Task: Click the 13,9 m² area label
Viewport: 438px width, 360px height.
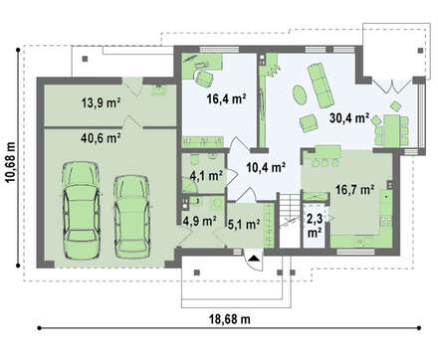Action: coord(101,103)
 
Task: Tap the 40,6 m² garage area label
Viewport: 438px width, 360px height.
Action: coord(101,137)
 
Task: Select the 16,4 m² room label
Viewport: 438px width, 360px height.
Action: coord(226,98)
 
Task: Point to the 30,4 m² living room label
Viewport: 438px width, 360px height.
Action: coord(349,117)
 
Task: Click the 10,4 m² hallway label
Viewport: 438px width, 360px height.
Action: coord(266,167)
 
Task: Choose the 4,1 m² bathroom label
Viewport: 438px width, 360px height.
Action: coord(206,176)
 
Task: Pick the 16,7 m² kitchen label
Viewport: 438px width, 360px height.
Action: coord(354,190)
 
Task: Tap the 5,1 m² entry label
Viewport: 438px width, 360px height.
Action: coord(244,225)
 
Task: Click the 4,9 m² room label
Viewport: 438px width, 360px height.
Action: coord(200,221)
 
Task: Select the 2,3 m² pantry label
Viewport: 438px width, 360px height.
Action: coord(314,226)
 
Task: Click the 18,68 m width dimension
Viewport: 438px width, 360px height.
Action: coord(230,319)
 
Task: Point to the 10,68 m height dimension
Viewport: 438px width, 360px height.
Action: coord(10,162)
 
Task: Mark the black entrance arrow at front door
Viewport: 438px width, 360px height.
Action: coord(254,258)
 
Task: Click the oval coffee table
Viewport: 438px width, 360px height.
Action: coord(300,95)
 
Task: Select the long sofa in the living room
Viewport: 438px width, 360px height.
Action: coord(321,86)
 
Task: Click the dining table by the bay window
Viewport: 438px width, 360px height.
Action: coord(391,130)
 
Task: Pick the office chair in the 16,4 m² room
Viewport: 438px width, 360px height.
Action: coord(203,79)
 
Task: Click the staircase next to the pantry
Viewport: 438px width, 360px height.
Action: coord(289,220)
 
